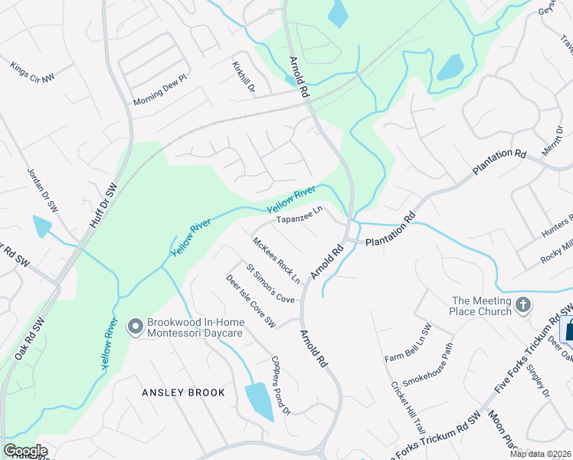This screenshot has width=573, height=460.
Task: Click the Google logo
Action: pyautogui.click(x=25, y=451)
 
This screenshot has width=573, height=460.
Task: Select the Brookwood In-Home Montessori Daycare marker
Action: pyautogui.click(x=136, y=327)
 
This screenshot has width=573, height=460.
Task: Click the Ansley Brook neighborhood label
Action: pyautogui.click(x=184, y=393)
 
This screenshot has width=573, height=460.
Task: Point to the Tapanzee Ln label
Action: pyautogui.click(x=300, y=216)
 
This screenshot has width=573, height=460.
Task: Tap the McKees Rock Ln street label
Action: pyautogui.click(x=277, y=259)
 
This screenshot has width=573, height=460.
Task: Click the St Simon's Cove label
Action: pyautogui.click(x=270, y=283)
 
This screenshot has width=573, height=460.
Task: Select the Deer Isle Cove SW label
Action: pyautogui.click(x=250, y=302)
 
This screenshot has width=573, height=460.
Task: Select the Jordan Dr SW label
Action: pyautogui.click(x=43, y=189)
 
